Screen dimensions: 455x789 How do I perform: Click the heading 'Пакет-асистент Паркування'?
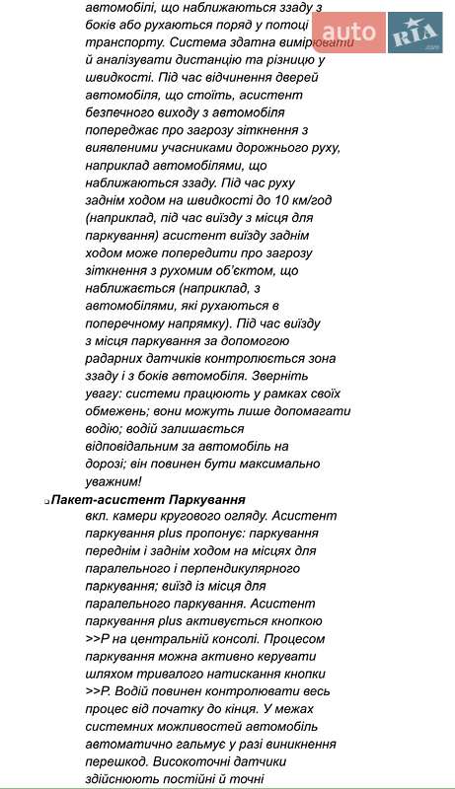pyautogui.click(x=148, y=500)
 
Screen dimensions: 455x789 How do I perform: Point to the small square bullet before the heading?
pyautogui.click(x=46, y=503)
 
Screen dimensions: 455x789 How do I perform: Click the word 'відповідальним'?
pyautogui.click(x=136, y=447)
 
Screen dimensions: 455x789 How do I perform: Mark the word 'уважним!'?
pyautogui.click(x=113, y=482)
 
